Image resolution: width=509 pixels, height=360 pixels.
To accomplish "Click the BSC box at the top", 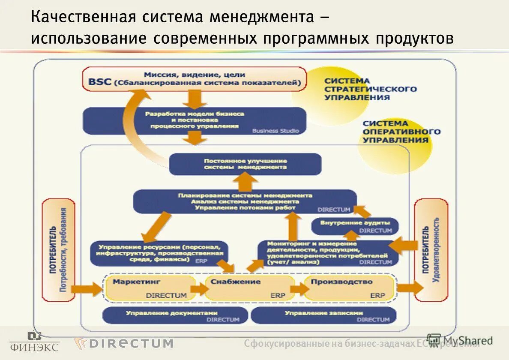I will pos(194,79).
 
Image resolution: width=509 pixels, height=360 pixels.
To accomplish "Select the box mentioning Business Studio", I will pos(194,121).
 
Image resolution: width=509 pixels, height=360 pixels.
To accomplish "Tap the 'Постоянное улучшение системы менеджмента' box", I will pos(245,164).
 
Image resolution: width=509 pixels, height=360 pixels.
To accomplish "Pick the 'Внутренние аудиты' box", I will pos(355,226).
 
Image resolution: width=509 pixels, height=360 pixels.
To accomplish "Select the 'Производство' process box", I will pos(348,288).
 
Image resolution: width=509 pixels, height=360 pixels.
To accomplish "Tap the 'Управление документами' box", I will pos(175,316).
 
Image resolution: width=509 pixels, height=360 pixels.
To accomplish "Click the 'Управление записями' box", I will pos(323,316).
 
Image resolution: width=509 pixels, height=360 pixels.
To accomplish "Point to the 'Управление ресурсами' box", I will pos(159,253).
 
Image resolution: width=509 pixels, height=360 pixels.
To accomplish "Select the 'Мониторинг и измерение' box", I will pos(328,253).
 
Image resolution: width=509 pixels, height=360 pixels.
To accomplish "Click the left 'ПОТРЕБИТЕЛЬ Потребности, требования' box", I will pos(58,250).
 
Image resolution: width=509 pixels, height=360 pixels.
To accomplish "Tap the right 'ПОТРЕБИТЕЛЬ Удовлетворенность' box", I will pos(431,250).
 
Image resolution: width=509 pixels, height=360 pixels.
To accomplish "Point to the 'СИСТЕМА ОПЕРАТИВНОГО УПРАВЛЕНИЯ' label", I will pos(395,131).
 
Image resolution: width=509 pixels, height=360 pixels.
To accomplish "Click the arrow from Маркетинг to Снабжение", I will pos(199,289).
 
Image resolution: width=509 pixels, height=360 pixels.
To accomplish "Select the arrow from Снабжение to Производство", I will pos(299,289).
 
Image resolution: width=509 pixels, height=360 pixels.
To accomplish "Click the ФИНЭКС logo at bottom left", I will pos(34,342).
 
